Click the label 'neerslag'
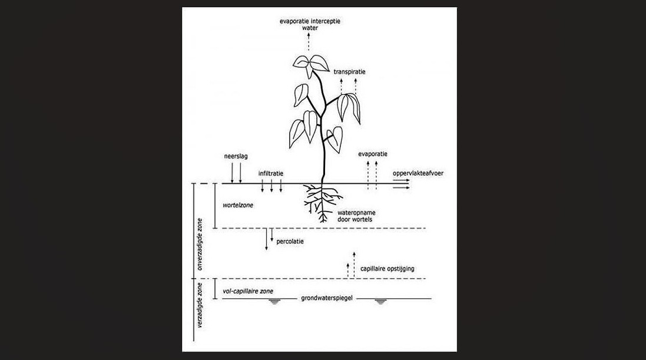click(x=236, y=157)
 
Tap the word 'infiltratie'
click(x=271, y=174)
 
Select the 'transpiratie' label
click(x=349, y=72)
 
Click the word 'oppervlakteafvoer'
click(x=418, y=174)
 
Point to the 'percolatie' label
click(x=290, y=242)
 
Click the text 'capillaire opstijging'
click(x=387, y=269)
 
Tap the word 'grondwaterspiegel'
click(x=327, y=298)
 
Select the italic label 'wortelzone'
click(x=238, y=206)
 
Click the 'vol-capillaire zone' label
click(x=247, y=291)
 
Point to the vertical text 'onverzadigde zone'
click(x=200, y=244)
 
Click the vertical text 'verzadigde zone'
click(x=200, y=305)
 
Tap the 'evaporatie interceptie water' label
click(x=310, y=24)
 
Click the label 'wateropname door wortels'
click(x=356, y=216)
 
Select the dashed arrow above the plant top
click(x=309, y=42)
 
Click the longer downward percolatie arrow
click(x=267, y=239)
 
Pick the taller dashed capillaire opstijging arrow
click(x=355, y=265)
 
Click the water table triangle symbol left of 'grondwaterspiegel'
click(x=274, y=302)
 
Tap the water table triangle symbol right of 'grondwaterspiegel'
click(x=380, y=302)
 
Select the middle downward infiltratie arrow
click(x=271, y=186)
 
